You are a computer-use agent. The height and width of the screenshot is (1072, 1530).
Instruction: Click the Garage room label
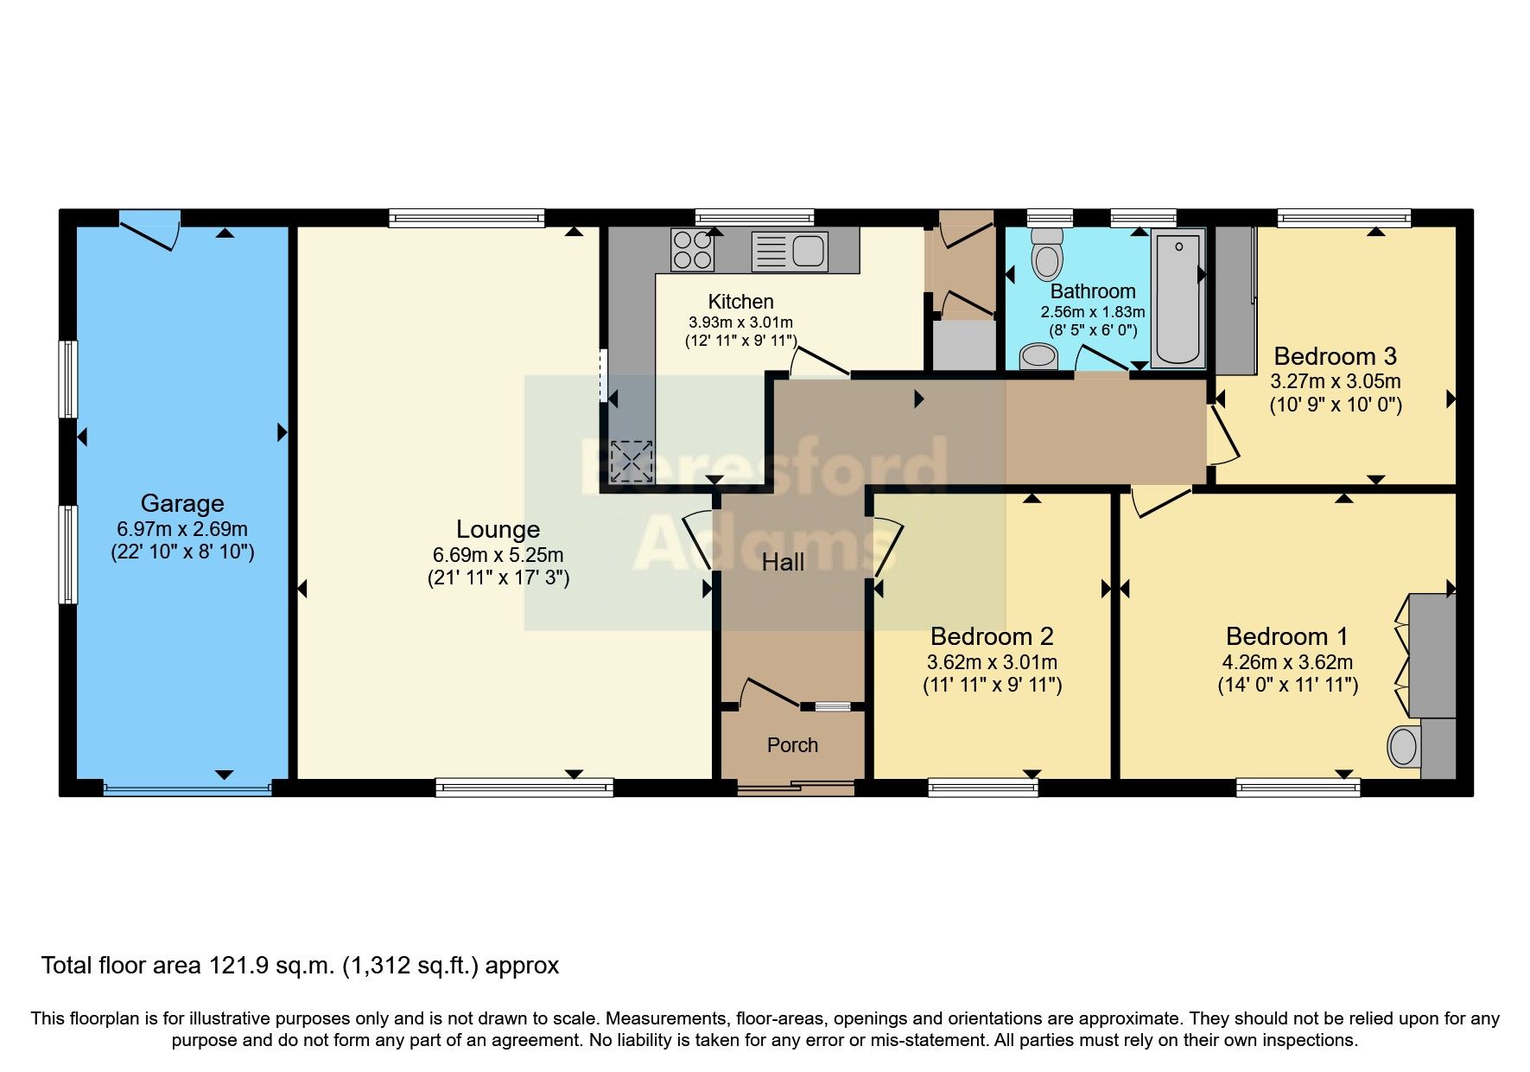point(182,503)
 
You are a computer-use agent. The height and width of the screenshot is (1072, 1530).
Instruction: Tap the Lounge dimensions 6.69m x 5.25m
point(498,555)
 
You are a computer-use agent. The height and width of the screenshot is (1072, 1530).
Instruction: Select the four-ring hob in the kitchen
point(693,250)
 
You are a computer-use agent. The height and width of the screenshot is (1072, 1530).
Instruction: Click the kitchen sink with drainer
point(790,251)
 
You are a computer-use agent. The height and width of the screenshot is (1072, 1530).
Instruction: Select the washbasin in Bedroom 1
point(1403,746)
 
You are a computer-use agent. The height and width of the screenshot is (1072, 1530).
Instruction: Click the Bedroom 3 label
point(1335,356)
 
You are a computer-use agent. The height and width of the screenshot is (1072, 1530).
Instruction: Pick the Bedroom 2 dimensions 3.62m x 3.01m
point(992,663)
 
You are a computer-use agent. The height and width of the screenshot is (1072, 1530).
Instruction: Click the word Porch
point(792,745)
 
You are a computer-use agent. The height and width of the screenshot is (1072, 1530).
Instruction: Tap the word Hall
point(783,563)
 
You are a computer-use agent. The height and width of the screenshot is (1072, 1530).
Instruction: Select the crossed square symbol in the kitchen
point(632,461)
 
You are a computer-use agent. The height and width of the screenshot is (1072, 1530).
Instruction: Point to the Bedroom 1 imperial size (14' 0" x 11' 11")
point(1287,686)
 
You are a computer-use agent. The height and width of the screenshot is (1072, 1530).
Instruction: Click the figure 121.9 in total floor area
point(237,966)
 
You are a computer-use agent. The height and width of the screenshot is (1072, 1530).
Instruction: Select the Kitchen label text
point(740,302)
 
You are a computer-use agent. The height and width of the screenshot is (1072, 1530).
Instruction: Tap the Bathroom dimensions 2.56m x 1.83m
point(1093,312)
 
